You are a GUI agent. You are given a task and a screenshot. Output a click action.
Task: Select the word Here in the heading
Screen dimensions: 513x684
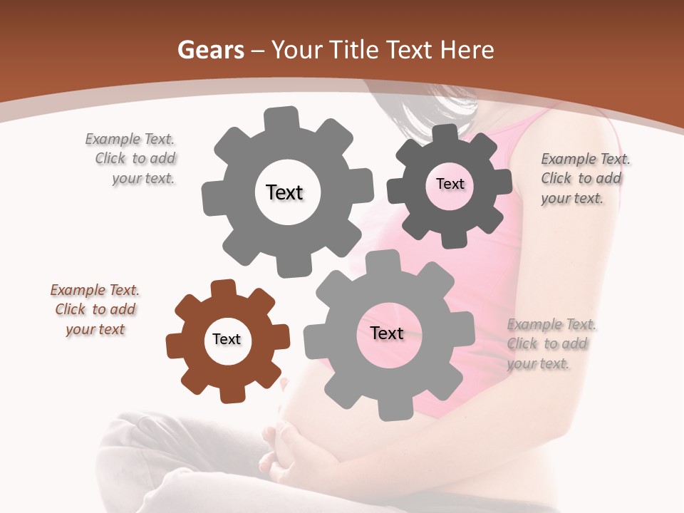point(467,50)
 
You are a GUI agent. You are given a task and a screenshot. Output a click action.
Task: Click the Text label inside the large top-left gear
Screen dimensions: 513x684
point(284,192)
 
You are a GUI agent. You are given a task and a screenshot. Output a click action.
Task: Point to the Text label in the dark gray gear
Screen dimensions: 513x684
point(450,184)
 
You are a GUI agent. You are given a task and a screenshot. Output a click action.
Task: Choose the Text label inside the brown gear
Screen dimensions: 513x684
point(227,340)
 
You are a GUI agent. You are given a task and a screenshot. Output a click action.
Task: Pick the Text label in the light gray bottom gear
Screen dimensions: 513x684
point(387,333)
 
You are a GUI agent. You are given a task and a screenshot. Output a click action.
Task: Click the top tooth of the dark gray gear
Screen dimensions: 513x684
point(445,134)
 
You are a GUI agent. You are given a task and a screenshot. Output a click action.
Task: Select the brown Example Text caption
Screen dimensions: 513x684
point(95,310)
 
